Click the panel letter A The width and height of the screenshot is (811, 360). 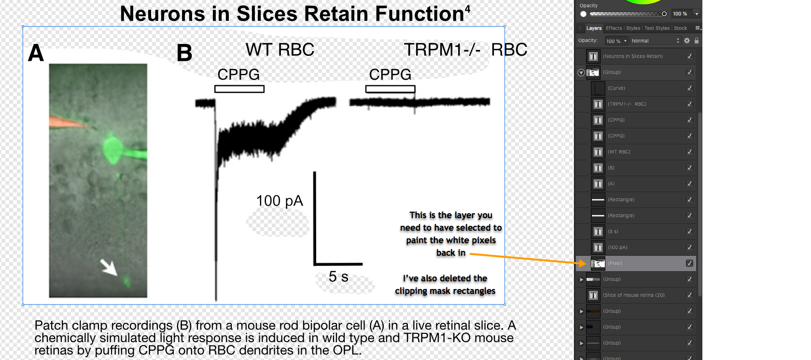point(36,53)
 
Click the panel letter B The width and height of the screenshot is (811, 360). point(184,53)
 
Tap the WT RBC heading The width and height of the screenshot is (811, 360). point(280,50)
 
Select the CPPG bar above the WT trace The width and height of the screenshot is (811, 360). point(239,89)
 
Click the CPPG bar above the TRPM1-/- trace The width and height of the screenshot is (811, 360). point(390,89)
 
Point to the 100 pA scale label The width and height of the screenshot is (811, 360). point(280,201)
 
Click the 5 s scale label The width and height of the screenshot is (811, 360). point(338,277)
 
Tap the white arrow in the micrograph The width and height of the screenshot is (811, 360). point(109,267)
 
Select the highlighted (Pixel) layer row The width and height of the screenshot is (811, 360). point(636,263)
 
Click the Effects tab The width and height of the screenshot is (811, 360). point(614,28)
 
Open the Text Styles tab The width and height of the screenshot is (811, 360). point(657,28)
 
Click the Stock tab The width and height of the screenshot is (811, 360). point(680,28)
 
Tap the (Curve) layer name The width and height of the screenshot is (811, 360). point(616,88)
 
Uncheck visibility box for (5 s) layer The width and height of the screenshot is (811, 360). point(689,232)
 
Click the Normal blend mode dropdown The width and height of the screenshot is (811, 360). point(656,41)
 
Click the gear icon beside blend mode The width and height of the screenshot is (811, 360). point(687,41)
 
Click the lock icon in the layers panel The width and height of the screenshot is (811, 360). point(696,41)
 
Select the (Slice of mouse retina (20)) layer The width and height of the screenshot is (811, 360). point(633,295)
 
